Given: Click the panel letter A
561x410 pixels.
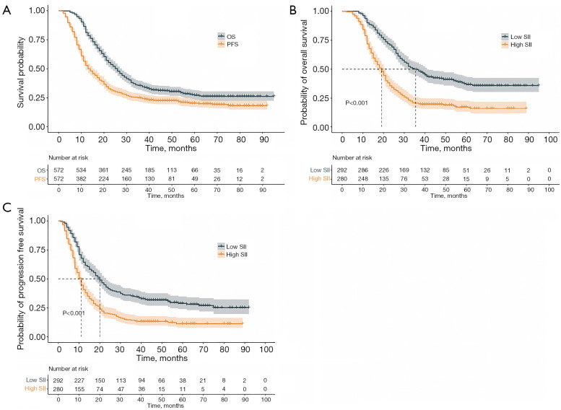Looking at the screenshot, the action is pos(6,10).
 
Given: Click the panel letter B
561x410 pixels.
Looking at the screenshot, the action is pos(292,10).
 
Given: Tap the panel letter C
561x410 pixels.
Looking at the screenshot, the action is pos(6,207).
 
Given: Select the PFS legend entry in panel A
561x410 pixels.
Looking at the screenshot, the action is pos(228,44).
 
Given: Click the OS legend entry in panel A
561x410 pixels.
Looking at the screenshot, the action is pos(227,37).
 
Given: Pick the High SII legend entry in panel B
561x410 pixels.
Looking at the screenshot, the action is pos(517,45).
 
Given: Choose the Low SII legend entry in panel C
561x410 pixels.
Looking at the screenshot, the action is pos(232,246).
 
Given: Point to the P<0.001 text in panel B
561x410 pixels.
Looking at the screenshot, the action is pos(357,103).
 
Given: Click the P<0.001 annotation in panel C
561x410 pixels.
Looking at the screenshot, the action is pos(74,313).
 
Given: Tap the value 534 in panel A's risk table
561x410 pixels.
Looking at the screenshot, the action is pos(80,170).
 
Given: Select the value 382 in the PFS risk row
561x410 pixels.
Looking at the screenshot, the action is pos(80,179).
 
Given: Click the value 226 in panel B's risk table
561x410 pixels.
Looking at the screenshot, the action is pos(383,170).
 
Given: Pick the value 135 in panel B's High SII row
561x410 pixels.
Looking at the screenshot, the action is pos(383,179).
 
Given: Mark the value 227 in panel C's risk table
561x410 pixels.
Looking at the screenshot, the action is pos(79,380).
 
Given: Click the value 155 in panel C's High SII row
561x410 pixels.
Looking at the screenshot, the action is pos(79,389).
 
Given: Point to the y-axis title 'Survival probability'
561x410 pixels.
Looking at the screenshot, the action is pos(21,72).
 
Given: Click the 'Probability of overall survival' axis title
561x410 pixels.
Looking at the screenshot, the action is pos(304,72).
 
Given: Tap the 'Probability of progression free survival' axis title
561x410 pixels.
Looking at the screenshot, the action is pos(20,279).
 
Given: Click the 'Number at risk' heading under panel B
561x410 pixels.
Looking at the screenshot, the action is pos(352,158).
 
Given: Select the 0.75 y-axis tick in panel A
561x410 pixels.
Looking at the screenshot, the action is pos(37,40).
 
